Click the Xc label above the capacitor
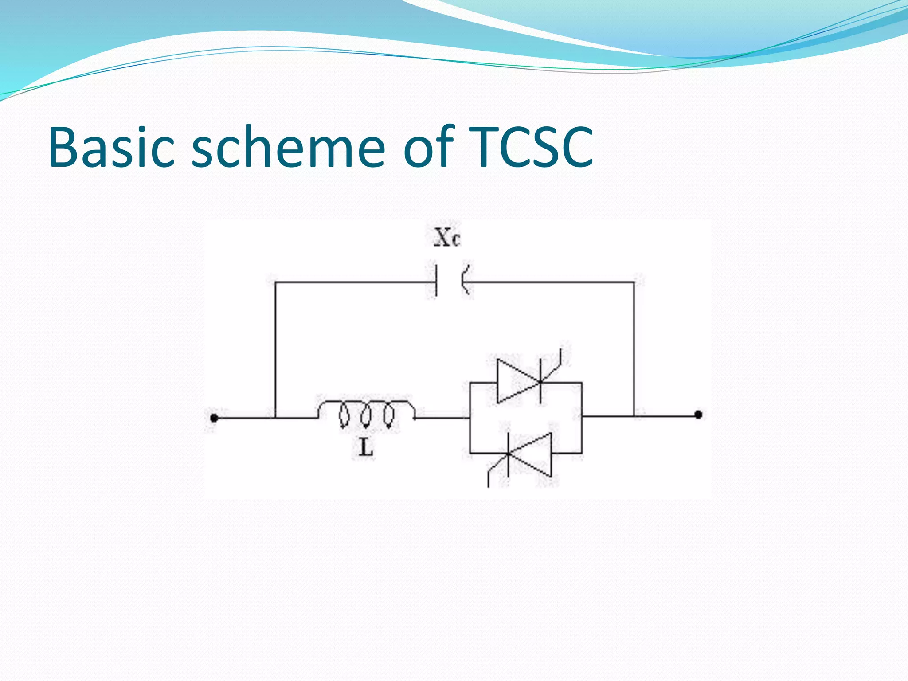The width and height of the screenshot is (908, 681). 447,238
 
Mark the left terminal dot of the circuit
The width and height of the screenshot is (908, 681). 214,418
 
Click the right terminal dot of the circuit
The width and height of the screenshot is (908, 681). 698,415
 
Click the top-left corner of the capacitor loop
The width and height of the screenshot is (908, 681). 275,282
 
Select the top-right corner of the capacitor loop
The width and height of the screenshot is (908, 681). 634,282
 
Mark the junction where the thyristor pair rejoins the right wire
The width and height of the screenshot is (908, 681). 582,416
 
